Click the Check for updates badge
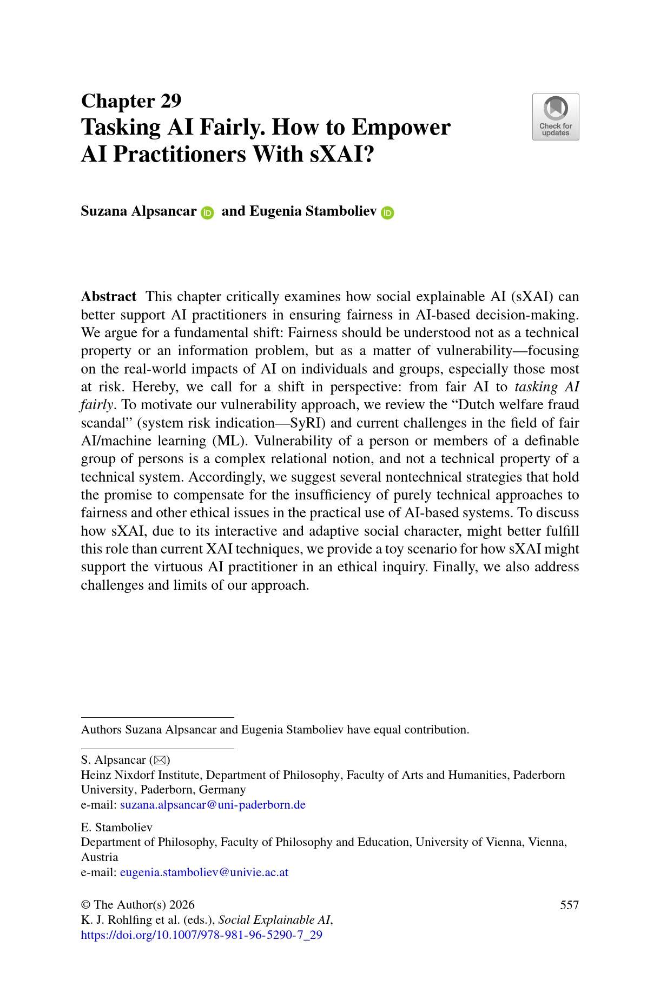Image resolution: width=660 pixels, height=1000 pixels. point(556,117)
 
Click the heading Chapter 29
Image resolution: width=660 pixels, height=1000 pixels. point(131,101)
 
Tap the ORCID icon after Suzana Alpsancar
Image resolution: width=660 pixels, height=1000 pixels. point(207,213)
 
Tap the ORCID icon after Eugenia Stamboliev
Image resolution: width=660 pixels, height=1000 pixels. point(387,213)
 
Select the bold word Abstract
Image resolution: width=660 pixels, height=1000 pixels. point(109,297)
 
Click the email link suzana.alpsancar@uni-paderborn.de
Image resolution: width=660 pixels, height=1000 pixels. point(213,805)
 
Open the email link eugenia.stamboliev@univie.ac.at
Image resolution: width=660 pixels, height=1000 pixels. point(204,872)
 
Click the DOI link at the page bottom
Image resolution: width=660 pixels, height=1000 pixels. point(201,935)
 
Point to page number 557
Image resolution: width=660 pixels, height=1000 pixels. point(569,905)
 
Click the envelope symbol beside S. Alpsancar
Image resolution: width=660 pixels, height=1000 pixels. point(160,760)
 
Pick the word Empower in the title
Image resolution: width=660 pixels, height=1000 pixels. point(401,128)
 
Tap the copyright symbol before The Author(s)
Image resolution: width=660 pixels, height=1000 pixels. point(85,905)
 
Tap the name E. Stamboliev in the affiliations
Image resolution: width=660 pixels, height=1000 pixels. point(116,828)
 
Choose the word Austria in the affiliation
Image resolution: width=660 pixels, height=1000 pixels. point(100,857)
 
